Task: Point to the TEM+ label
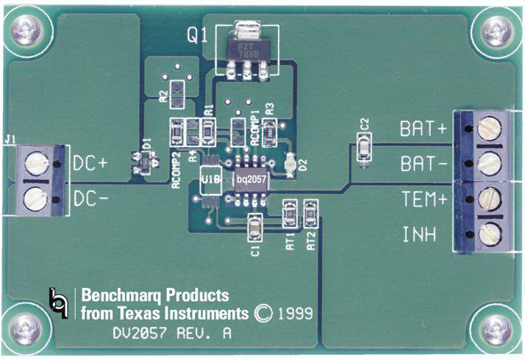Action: coord(424,200)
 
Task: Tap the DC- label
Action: coord(91,197)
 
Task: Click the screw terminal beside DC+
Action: coord(36,163)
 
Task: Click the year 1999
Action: coord(296,314)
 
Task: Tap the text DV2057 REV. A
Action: coord(174,333)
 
